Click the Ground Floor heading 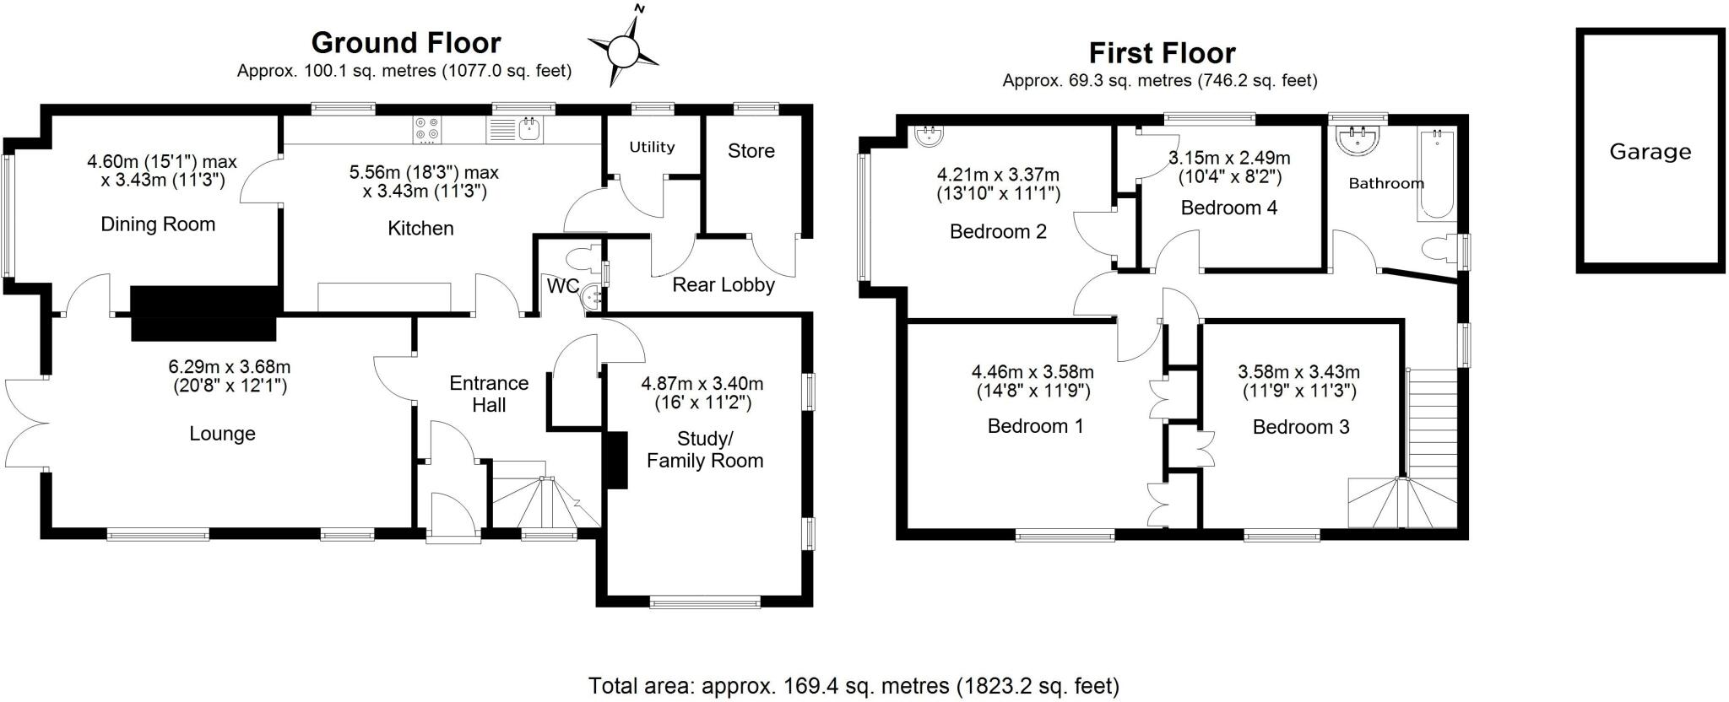pos(406,42)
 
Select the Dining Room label pos(158,224)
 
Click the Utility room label pos(652,147)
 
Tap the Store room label pos(751,151)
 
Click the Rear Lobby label pos(724,285)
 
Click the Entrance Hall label pos(489,394)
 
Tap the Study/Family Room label pos(705,450)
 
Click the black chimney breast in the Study pos(616,460)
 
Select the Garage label pos(1650,152)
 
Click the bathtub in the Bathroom pos(1436,175)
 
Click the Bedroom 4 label pos(1228,208)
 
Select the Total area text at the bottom pos(854,685)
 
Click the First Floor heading pos(1162,53)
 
